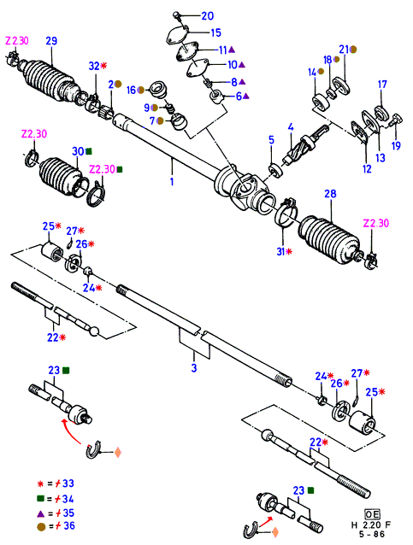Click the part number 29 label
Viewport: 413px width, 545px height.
pos(51,41)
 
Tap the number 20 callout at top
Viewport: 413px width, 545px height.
pos(208,16)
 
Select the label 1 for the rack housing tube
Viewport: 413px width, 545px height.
pos(172,181)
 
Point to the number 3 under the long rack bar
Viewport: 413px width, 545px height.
pos(194,367)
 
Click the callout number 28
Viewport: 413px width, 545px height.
pos(331,194)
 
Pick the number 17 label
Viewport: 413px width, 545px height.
pos(382,85)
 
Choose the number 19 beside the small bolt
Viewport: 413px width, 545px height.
pos(396,145)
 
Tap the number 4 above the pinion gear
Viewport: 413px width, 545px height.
pos(291,127)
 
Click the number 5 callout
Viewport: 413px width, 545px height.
pos(271,140)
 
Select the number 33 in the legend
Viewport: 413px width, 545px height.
pos(68,483)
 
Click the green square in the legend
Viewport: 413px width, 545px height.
pos(41,499)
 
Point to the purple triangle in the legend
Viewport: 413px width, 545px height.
pos(41,513)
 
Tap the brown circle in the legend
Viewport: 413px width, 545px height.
pos(41,527)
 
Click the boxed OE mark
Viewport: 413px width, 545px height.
pos(372,514)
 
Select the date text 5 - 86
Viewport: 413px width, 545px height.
pos(372,534)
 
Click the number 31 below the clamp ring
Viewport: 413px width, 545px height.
pos(280,251)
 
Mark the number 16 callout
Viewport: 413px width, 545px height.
pos(131,91)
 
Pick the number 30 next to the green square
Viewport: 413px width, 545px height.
pos(78,151)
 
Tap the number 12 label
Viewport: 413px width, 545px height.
pos(367,169)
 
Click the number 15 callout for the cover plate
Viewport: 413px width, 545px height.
pos(216,32)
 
